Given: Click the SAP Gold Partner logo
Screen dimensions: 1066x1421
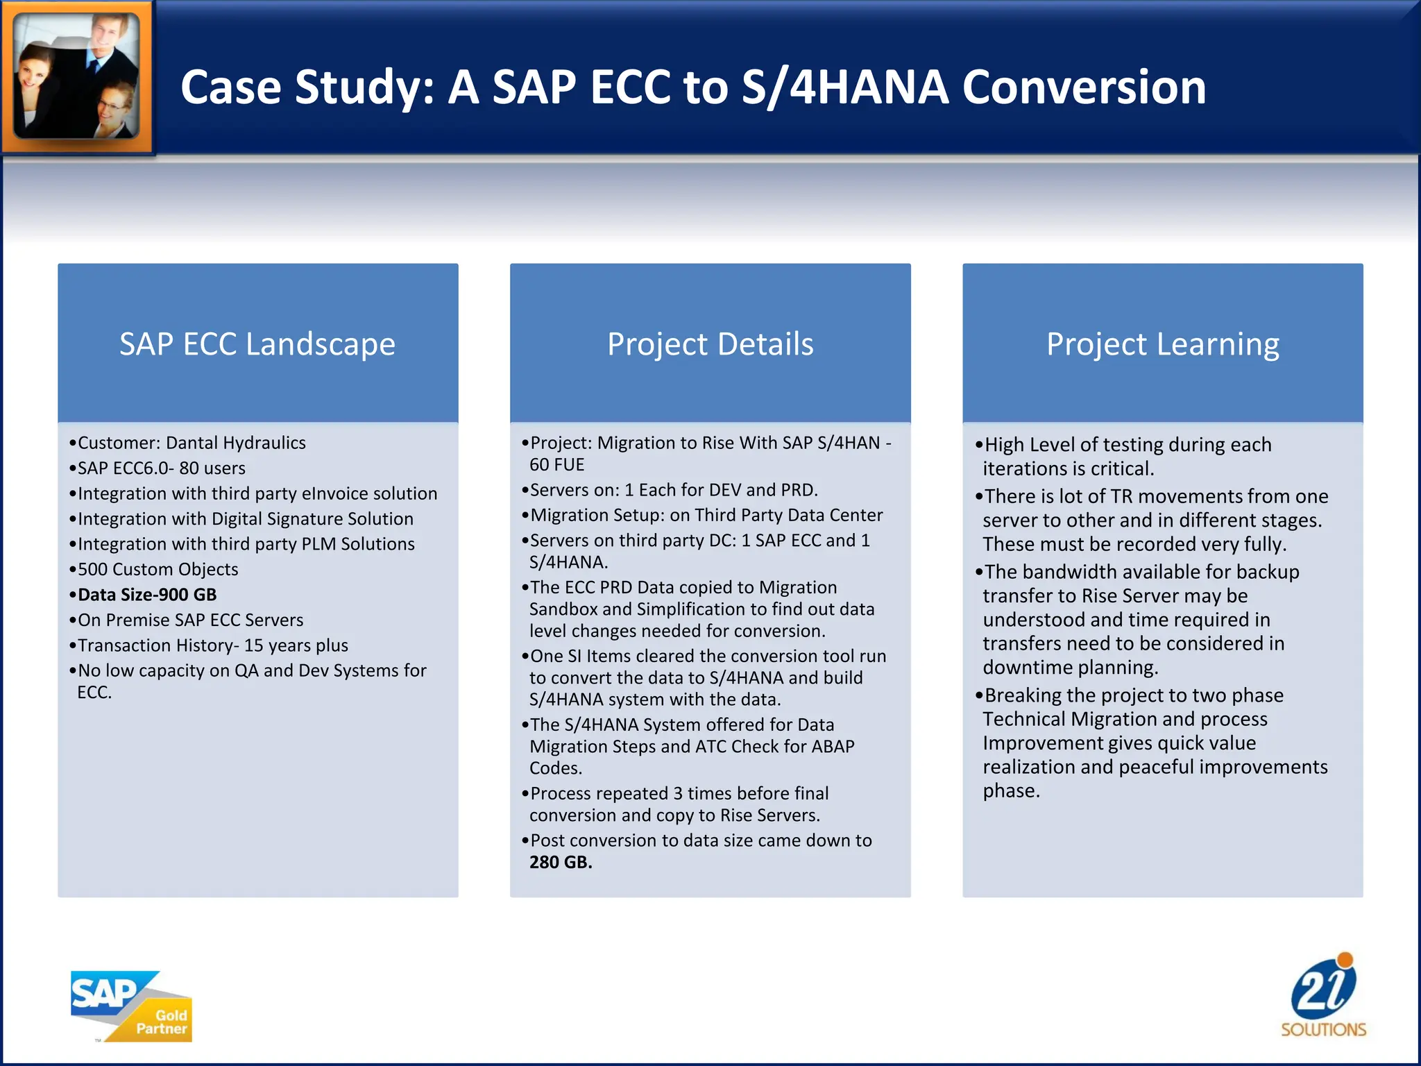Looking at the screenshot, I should coord(131,1006).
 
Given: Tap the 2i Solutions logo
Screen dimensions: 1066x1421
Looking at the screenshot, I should coord(1323,996).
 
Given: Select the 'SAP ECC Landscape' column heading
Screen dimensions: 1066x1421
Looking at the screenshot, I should coord(257,344).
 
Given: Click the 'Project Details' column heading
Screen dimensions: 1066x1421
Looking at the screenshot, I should coord(710,344).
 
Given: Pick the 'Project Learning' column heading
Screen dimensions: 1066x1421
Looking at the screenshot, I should coord(1162,344).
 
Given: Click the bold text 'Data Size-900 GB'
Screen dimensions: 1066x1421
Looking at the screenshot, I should coord(147,595).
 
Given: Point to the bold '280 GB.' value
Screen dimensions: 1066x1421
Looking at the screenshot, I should coord(561,863).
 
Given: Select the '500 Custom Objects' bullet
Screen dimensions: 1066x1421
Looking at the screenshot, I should coord(158,569).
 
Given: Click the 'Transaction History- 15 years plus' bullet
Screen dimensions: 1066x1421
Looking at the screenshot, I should coord(212,645).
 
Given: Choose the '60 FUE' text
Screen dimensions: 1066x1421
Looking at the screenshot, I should coord(556,465).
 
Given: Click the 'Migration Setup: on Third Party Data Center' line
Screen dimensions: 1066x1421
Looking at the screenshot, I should coord(706,515).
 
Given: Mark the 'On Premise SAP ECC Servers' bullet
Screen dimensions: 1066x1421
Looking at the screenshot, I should coord(190,620).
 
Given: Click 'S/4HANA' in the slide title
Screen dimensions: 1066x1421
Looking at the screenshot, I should coord(844,87).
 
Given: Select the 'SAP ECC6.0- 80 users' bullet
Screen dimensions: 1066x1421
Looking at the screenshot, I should coord(161,468).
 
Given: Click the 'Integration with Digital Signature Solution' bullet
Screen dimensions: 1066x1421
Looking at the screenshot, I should coord(245,519).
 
